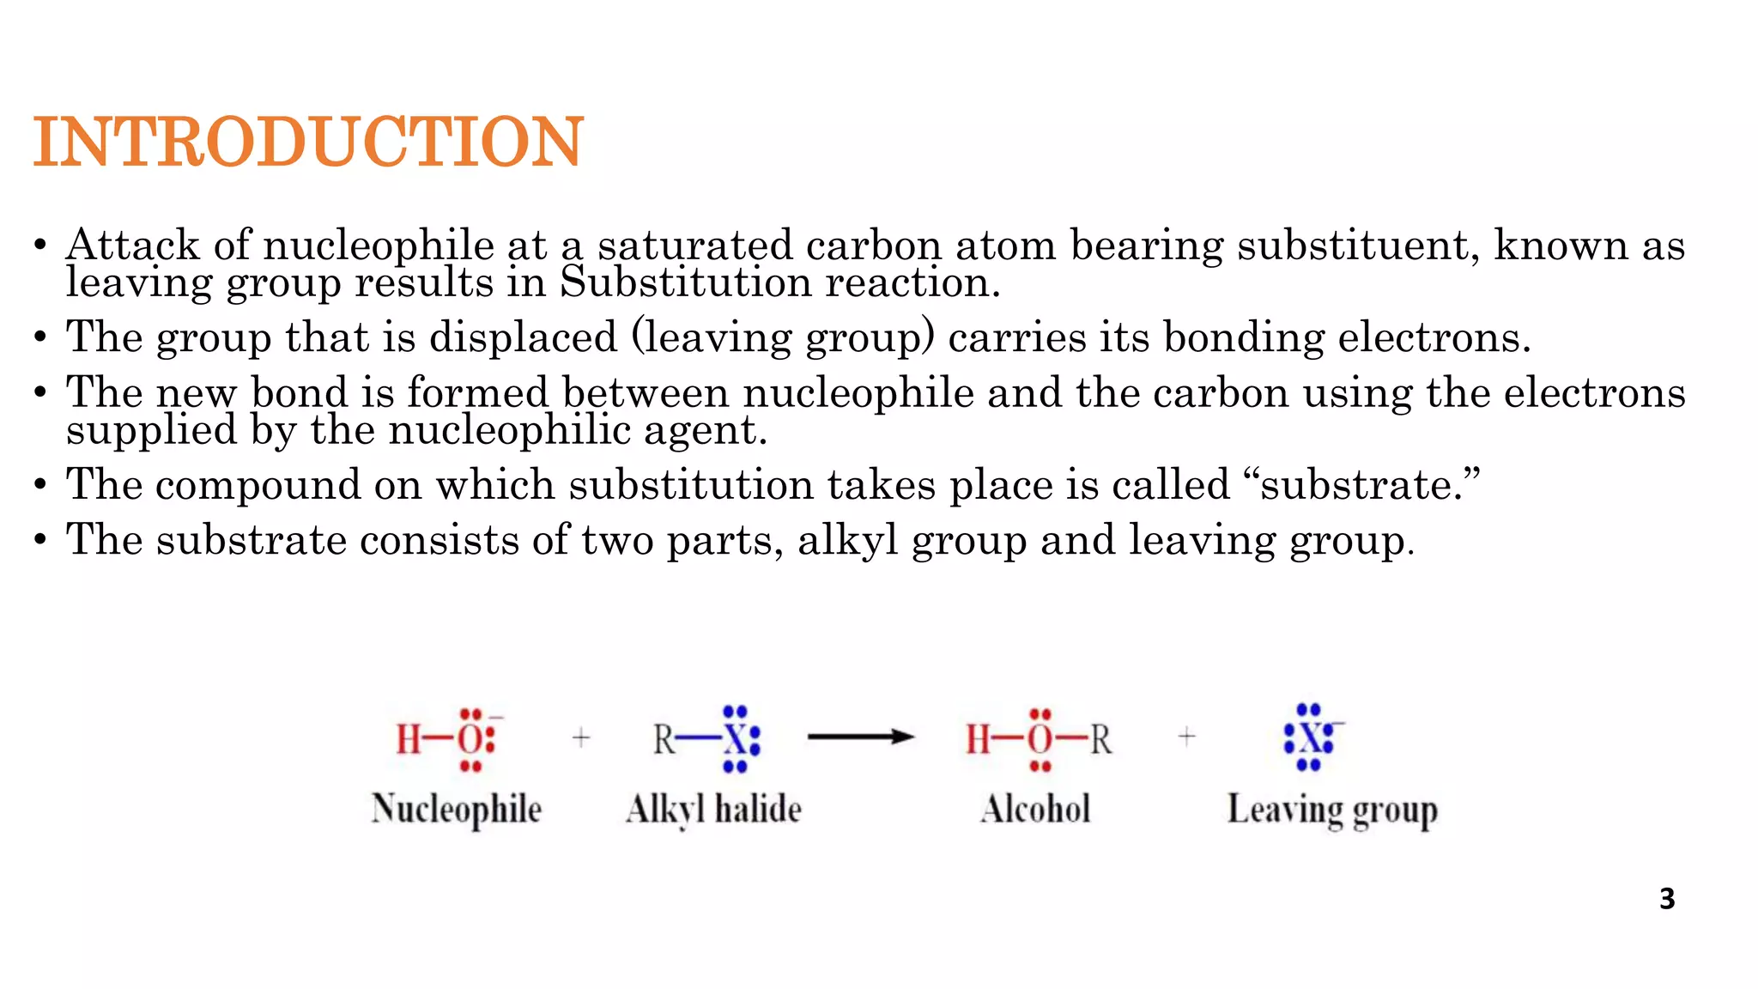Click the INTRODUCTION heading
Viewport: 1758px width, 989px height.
[308, 142]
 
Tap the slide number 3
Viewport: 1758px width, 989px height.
[1667, 899]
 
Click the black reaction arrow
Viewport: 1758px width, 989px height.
[860, 737]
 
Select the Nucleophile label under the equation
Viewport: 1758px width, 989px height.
[457, 810]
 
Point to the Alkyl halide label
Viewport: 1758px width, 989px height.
[713, 810]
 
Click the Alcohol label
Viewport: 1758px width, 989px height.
[1035, 810]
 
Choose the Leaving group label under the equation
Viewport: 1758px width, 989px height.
[1332, 810]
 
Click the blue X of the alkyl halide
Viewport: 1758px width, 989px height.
[735, 739]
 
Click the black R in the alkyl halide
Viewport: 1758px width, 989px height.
[664, 739]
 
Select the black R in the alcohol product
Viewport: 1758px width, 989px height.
[1101, 739]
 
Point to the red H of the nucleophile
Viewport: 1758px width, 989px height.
[409, 739]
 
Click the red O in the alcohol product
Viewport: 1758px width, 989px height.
[1040, 739]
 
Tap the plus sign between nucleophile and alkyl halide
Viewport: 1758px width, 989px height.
[581, 737]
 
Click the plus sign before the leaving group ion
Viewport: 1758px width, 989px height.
[1187, 737]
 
